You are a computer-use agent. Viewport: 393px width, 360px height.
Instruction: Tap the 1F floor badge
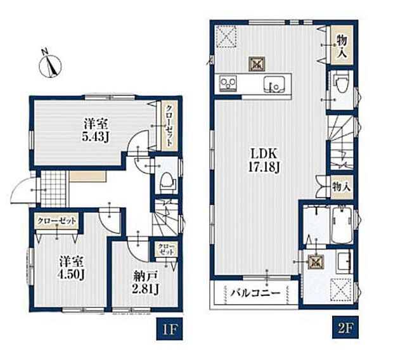click(169, 329)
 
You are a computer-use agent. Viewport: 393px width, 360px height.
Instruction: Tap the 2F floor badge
click(345, 328)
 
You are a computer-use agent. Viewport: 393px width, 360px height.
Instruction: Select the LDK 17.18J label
click(264, 160)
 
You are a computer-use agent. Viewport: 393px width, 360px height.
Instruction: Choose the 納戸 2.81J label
click(145, 283)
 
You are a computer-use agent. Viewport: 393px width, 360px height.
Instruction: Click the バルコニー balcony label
click(255, 293)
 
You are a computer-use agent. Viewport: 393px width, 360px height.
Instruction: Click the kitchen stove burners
click(228, 84)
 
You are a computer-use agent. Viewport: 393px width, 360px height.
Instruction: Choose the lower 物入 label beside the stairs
click(342, 187)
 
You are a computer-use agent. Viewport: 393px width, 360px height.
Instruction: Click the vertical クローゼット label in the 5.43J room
click(169, 125)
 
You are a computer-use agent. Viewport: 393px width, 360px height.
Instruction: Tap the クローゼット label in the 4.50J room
click(56, 221)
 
